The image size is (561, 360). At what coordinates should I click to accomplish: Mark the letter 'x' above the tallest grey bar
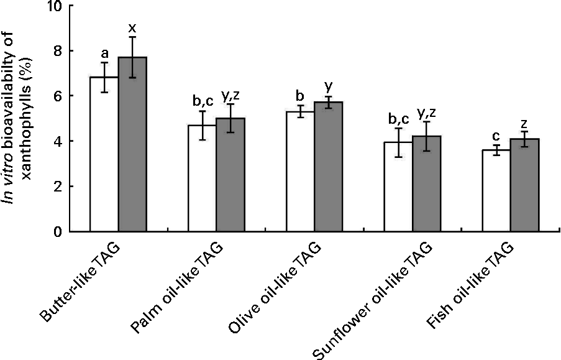coord(132,28)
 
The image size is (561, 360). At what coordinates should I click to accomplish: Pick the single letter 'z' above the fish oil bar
coord(524,124)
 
